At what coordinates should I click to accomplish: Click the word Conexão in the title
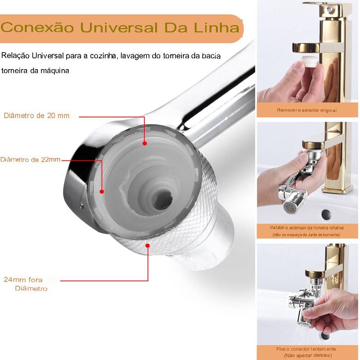point(37,27)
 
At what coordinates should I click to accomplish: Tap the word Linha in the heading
point(216,27)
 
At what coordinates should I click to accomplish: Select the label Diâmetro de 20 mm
point(37,116)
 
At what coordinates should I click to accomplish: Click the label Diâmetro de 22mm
point(30,159)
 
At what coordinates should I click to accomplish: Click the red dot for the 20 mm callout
point(145,143)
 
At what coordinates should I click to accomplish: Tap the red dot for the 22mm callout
point(102,191)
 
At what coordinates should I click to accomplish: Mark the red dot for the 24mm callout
point(148,246)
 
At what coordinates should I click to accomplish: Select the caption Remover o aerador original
point(307,110)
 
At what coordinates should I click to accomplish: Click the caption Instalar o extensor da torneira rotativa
point(307,228)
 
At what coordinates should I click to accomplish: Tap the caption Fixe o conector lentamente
point(306,349)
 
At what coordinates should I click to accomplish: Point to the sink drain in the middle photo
point(326,214)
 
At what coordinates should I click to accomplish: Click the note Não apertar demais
point(308,356)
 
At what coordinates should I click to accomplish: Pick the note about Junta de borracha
point(306,235)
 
